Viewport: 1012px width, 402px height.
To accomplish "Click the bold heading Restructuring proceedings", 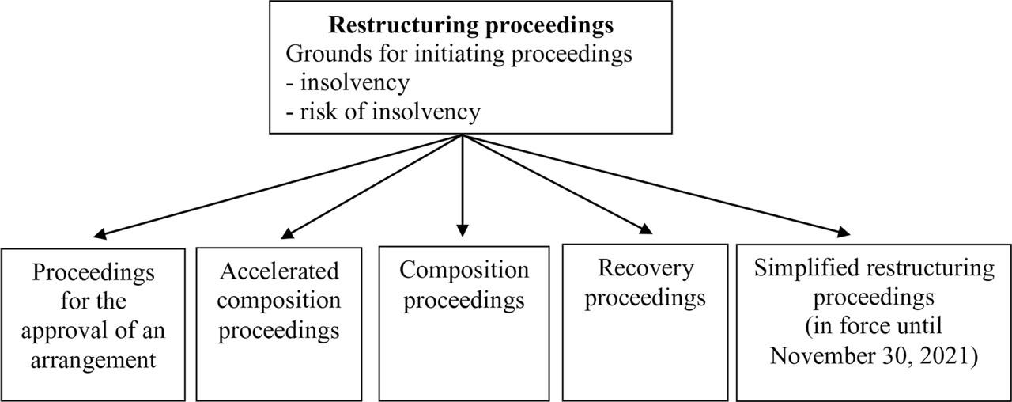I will click(470, 25).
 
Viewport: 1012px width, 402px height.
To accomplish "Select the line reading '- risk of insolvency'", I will click(383, 112).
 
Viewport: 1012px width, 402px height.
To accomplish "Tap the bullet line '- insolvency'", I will click(348, 82).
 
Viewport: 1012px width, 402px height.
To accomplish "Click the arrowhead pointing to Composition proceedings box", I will click(463, 230).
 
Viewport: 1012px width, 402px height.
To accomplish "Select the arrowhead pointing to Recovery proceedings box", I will click(646, 229).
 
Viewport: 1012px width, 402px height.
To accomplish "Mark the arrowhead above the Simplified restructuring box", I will click(844, 233).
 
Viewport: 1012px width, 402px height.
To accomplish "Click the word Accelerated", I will click(279, 271).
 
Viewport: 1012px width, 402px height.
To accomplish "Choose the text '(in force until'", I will click(874, 327).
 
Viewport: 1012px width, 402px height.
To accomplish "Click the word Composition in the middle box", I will click(464, 270).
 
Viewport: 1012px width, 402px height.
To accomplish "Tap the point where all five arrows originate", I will click(463, 135).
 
